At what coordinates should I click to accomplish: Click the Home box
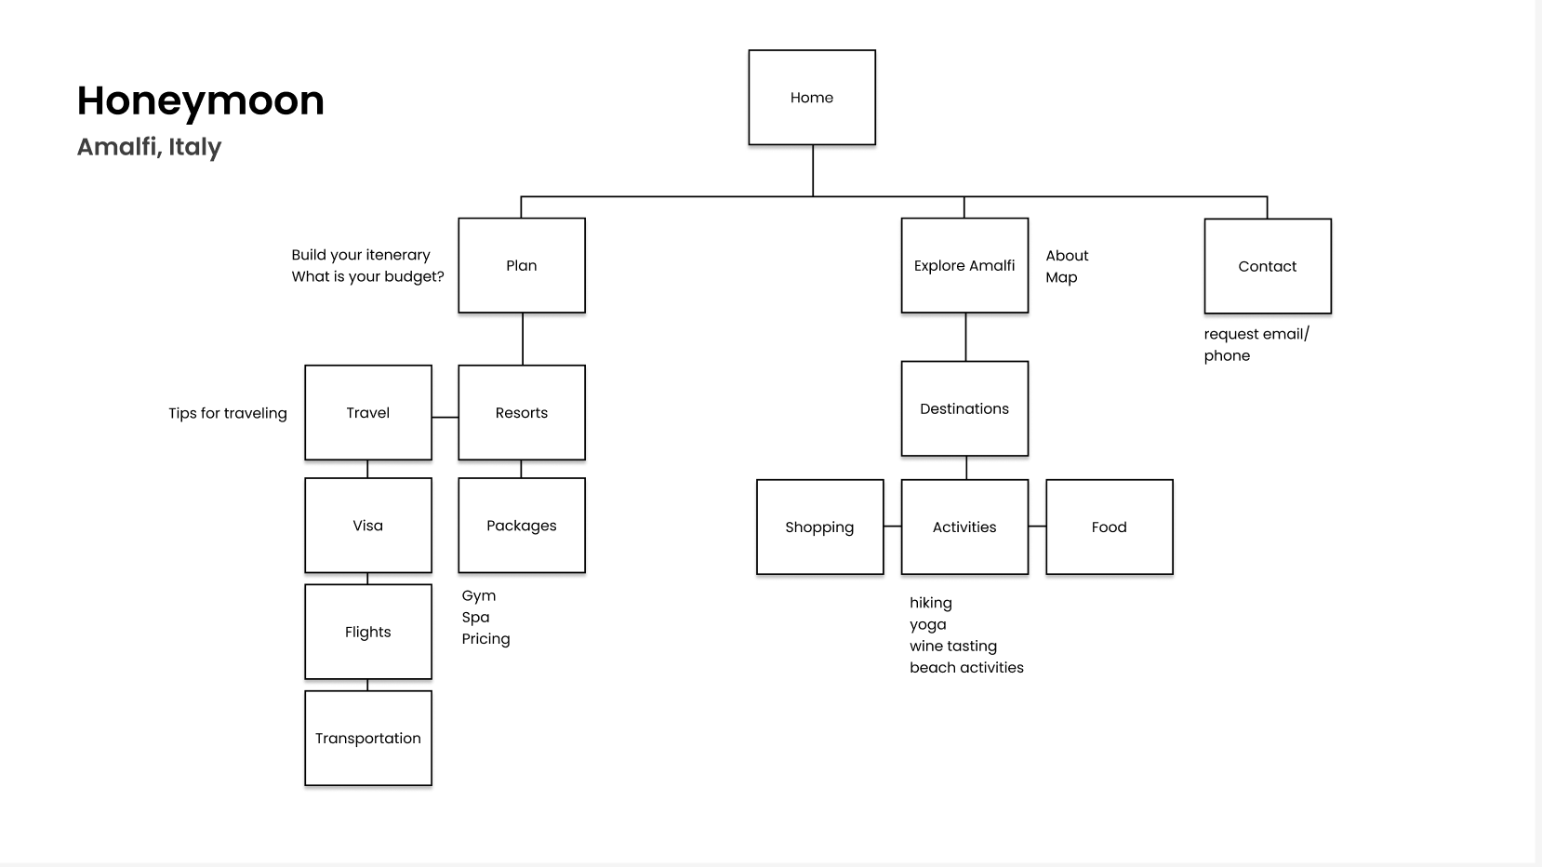click(812, 98)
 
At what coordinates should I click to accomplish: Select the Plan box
click(522, 266)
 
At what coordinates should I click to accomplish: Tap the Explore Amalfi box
click(964, 266)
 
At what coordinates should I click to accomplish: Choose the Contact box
click(1268, 267)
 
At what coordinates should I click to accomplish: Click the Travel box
click(368, 413)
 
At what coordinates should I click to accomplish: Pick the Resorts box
click(522, 413)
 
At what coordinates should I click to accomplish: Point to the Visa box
click(368, 526)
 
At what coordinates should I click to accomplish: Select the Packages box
click(522, 526)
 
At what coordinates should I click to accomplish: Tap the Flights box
click(368, 632)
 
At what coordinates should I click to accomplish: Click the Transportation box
click(368, 739)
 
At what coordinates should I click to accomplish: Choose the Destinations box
click(964, 409)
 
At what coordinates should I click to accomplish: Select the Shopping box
click(819, 527)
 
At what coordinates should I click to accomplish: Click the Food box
click(1110, 527)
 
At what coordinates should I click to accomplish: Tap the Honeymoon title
click(201, 100)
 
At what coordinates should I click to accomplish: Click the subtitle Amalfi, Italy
click(150, 147)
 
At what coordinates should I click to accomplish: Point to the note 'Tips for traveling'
click(228, 413)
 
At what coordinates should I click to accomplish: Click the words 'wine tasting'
click(953, 646)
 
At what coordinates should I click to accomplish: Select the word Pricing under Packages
click(485, 639)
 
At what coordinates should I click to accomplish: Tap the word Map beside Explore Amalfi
click(1061, 277)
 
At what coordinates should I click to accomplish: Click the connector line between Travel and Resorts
click(445, 417)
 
